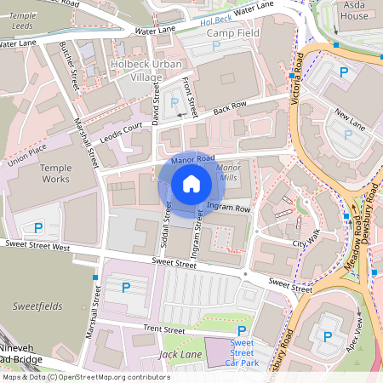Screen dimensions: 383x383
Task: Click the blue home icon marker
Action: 191,184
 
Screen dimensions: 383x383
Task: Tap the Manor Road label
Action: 192,159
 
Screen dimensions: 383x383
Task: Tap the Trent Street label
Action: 163,329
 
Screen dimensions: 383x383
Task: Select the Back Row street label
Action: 230,108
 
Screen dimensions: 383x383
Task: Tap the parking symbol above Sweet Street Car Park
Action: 242,330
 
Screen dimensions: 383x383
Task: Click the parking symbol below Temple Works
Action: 38,227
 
